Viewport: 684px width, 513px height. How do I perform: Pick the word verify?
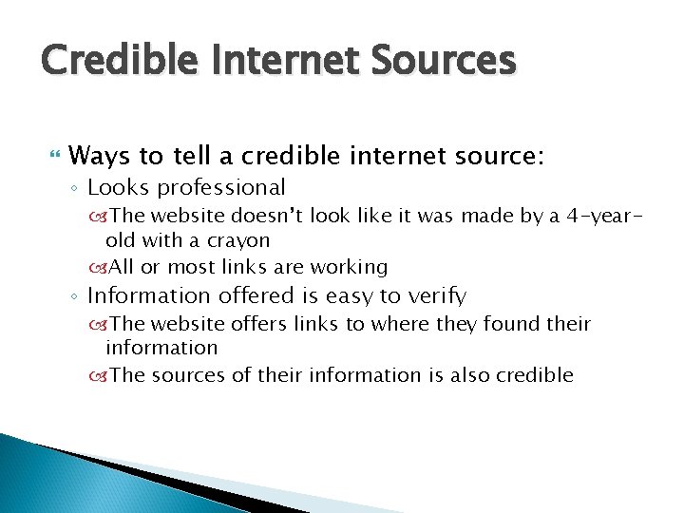click(x=435, y=295)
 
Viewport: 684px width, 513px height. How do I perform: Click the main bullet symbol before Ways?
click(x=53, y=155)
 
